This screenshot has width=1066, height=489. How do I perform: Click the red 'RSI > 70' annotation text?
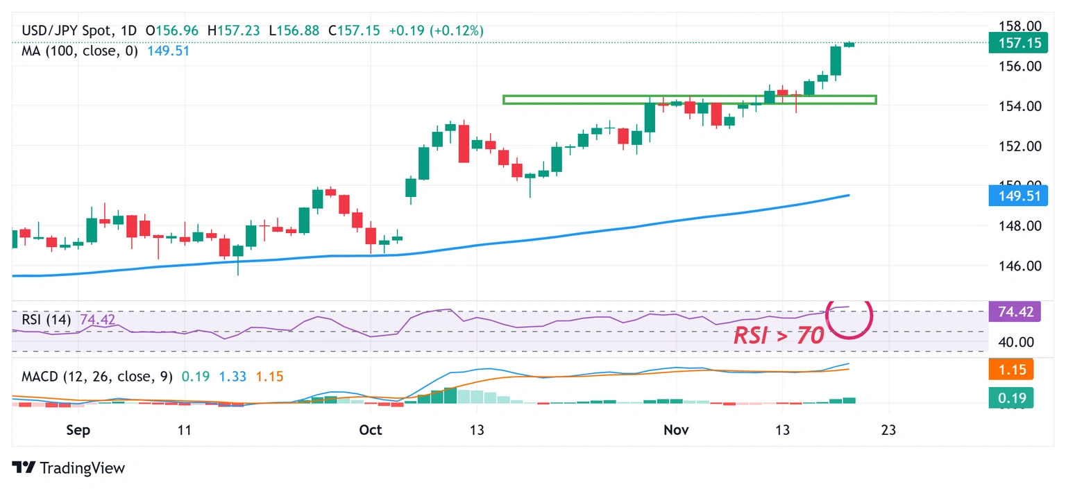(x=779, y=336)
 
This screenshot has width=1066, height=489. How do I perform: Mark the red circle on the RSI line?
(x=849, y=317)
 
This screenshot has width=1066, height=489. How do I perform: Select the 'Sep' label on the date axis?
(x=78, y=430)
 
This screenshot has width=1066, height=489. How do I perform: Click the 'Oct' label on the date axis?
(x=371, y=430)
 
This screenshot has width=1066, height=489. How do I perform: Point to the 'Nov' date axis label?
(x=676, y=430)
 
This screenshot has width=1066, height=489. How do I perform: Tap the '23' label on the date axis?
(x=888, y=430)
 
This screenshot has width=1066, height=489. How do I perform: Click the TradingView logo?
(x=69, y=467)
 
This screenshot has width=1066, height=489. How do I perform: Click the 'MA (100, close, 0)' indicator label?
(x=80, y=51)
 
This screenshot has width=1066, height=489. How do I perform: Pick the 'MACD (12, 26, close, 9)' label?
(x=97, y=377)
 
